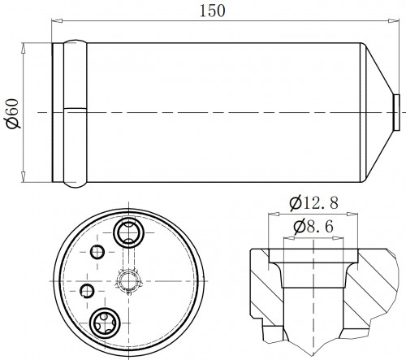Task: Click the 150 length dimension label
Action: (212, 11)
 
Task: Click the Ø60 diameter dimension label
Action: (13, 114)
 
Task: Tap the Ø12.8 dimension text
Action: (313, 203)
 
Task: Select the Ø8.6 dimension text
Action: (313, 227)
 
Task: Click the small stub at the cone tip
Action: (397, 112)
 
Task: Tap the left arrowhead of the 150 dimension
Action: (57, 20)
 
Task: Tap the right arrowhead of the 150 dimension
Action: (394, 20)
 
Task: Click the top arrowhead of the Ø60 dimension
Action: (24, 48)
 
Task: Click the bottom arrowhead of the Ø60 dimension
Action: (24, 177)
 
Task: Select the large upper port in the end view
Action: (128, 232)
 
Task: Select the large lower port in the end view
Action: (105, 323)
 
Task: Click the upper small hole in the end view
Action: (97, 252)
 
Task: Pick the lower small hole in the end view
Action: (87, 291)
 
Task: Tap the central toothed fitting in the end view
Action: (129, 281)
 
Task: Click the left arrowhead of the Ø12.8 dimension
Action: (274, 214)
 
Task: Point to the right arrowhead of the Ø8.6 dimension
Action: (338, 238)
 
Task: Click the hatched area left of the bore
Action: (266, 287)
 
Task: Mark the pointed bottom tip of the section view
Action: (313, 356)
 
